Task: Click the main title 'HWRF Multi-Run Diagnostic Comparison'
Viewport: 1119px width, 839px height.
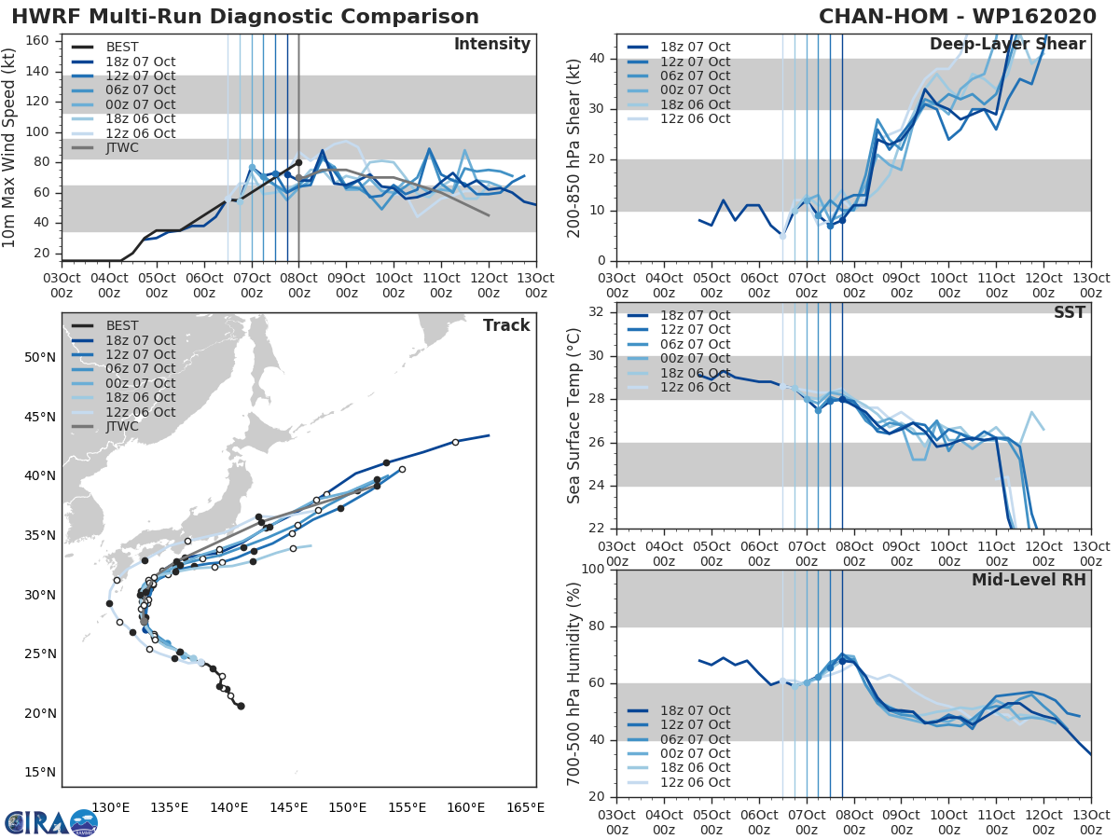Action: click(245, 17)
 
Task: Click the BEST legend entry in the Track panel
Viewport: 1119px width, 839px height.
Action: click(122, 325)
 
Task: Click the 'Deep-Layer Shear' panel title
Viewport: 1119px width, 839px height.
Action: click(1007, 45)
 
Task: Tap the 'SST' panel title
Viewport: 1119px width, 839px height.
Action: click(1069, 312)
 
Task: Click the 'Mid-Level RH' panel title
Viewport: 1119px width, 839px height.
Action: click(1029, 580)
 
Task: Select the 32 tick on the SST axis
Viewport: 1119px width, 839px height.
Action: click(596, 311)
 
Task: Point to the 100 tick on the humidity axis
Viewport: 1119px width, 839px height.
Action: click(592, 569)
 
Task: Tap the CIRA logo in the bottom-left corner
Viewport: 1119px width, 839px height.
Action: click(50, 822)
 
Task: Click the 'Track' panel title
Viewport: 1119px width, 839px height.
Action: click(506, 325)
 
